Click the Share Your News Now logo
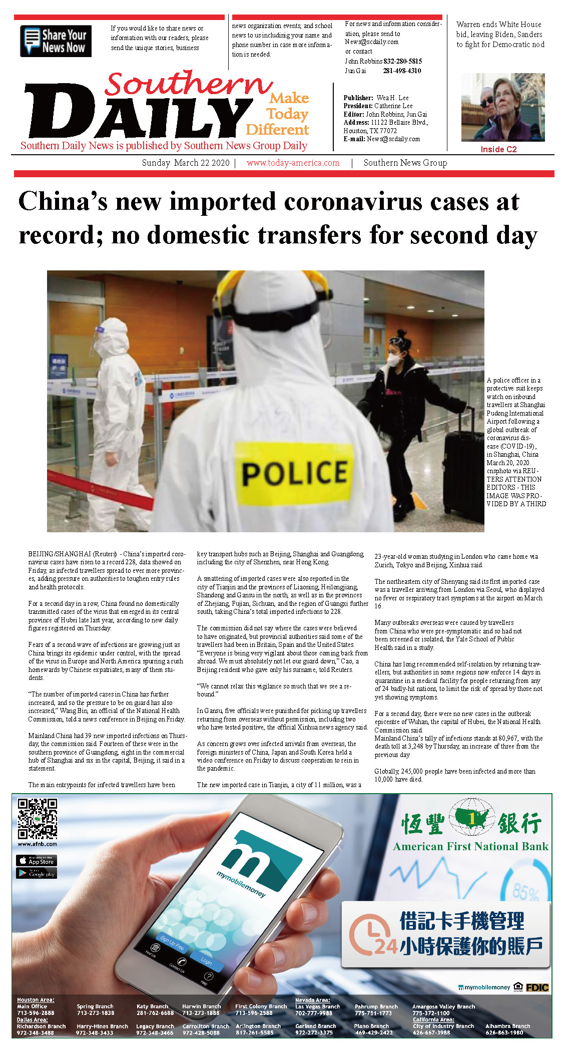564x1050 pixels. [x=56, y=41]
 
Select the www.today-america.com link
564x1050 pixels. [x=293, y=163]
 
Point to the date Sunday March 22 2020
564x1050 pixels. [x=186, y=163]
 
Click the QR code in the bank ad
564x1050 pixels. [x=38, y=819]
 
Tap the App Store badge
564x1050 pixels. [x=37, y=860]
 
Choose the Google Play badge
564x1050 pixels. [x=37, y=873]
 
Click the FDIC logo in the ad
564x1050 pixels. [x=537, y=987]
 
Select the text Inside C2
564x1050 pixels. [x=498, y=149]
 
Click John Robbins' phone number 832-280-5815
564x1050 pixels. [x=402, y=61]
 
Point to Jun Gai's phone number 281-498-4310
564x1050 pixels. [x=402, y=71]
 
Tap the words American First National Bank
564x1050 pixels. [x=470, y=847]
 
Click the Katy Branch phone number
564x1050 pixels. [x=155, y=1013]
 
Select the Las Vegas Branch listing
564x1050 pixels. [x=317, y=1009]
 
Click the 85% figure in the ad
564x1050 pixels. [x=525, y=892]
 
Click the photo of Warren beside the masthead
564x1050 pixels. [x=502, y=107]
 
